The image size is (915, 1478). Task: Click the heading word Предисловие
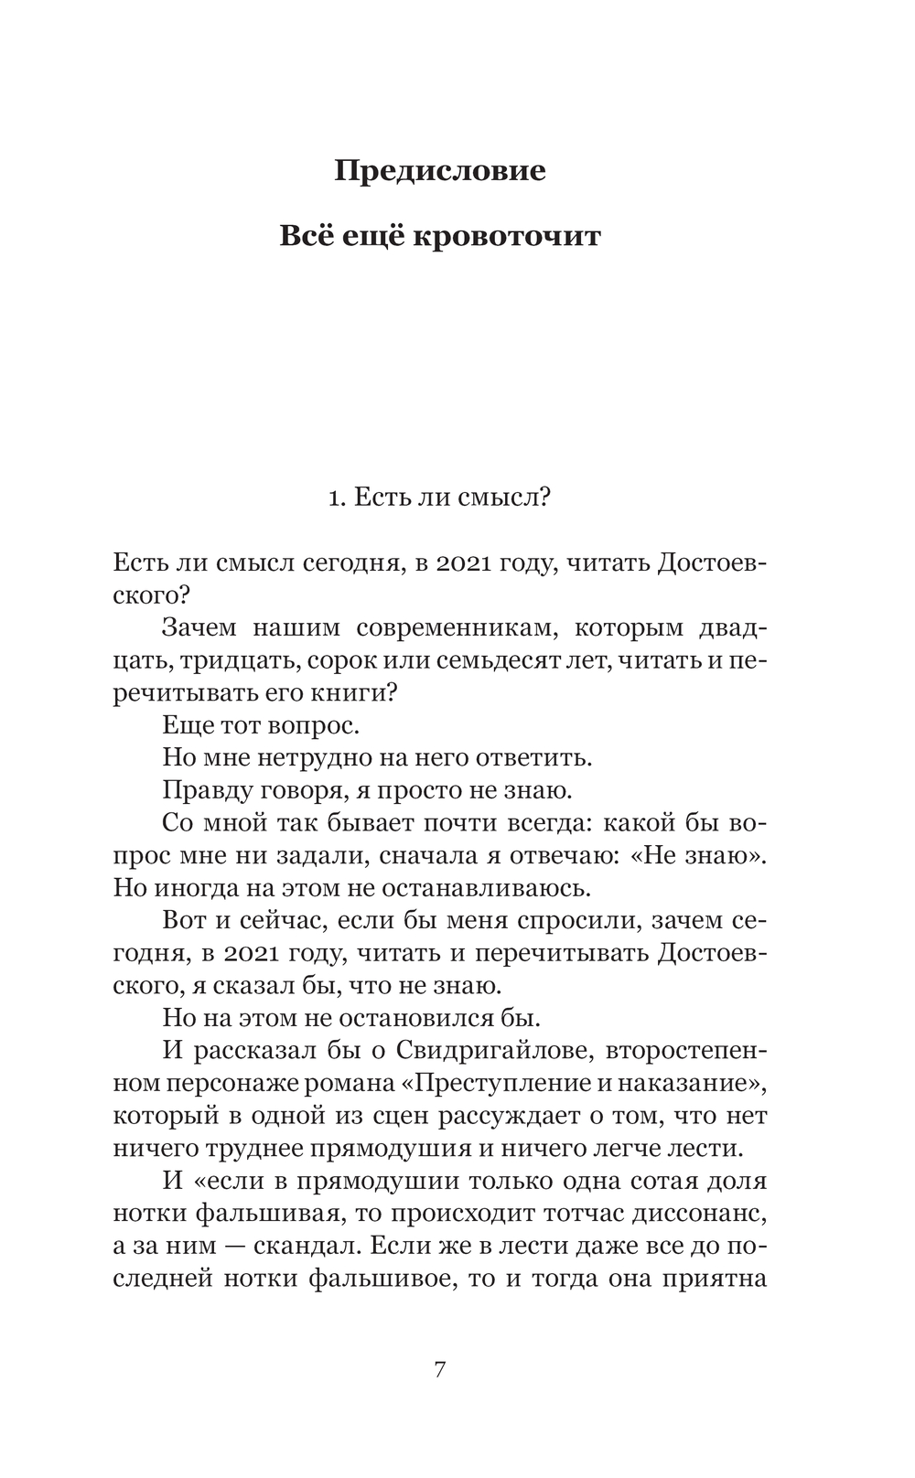(x=439, y=171)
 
